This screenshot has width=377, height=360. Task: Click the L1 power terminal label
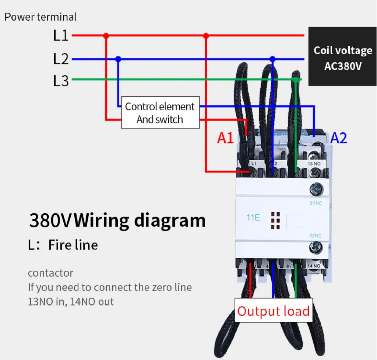pos(61,36)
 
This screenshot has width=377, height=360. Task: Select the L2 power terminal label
pos(61,59)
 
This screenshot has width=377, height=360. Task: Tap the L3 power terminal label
pos(61,81)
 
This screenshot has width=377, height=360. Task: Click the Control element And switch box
pos(160,112)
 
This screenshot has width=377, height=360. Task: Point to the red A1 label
pos(225,138)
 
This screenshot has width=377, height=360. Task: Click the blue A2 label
pos(338,138)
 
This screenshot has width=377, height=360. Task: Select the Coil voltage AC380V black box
pos(342,56)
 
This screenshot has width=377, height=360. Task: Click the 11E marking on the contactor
pos(253,218)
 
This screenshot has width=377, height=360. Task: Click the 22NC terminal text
pos(316,236)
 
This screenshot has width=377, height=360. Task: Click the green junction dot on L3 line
pos(295,80)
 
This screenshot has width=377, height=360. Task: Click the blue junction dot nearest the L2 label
pos(118,59)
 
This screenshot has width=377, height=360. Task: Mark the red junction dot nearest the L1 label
pos(106,36)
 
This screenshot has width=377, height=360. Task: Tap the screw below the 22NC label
pos(316,248)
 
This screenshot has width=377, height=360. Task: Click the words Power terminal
pos(40,17)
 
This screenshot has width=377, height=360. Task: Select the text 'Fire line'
pos(73,245)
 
